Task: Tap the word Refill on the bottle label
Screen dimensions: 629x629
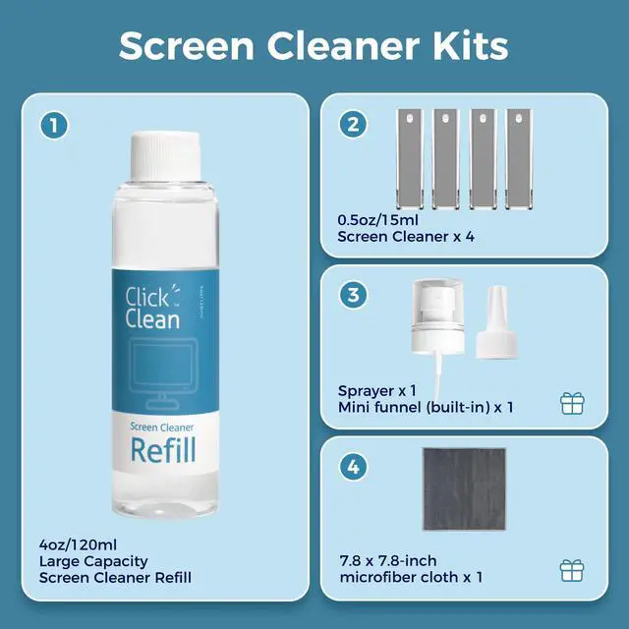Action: pyautogui.click(x=163, y=450)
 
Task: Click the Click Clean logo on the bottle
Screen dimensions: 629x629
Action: pyautogui.click(x=153, y=307)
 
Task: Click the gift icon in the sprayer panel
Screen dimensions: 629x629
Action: pyautogui.click(x=571, y=402)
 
